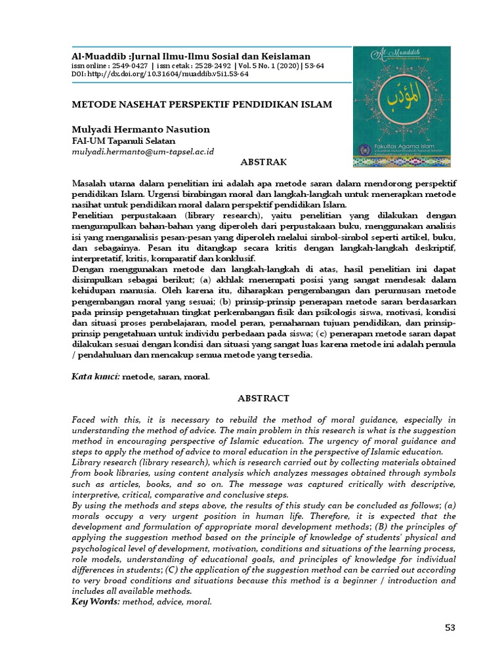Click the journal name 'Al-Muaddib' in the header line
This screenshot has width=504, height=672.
[98, 56]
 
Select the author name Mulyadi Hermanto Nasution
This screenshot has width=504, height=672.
[140, 129]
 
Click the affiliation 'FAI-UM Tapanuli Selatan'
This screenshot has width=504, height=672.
[123, 140]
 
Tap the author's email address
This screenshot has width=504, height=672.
[143, 151]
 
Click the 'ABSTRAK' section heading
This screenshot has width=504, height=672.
[262, 161]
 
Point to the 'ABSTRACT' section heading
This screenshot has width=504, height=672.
[262, 398]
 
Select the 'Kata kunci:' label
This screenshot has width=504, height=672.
[95, 377]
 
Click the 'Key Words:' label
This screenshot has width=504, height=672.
[96, 600]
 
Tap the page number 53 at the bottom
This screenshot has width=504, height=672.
[450, 627]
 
